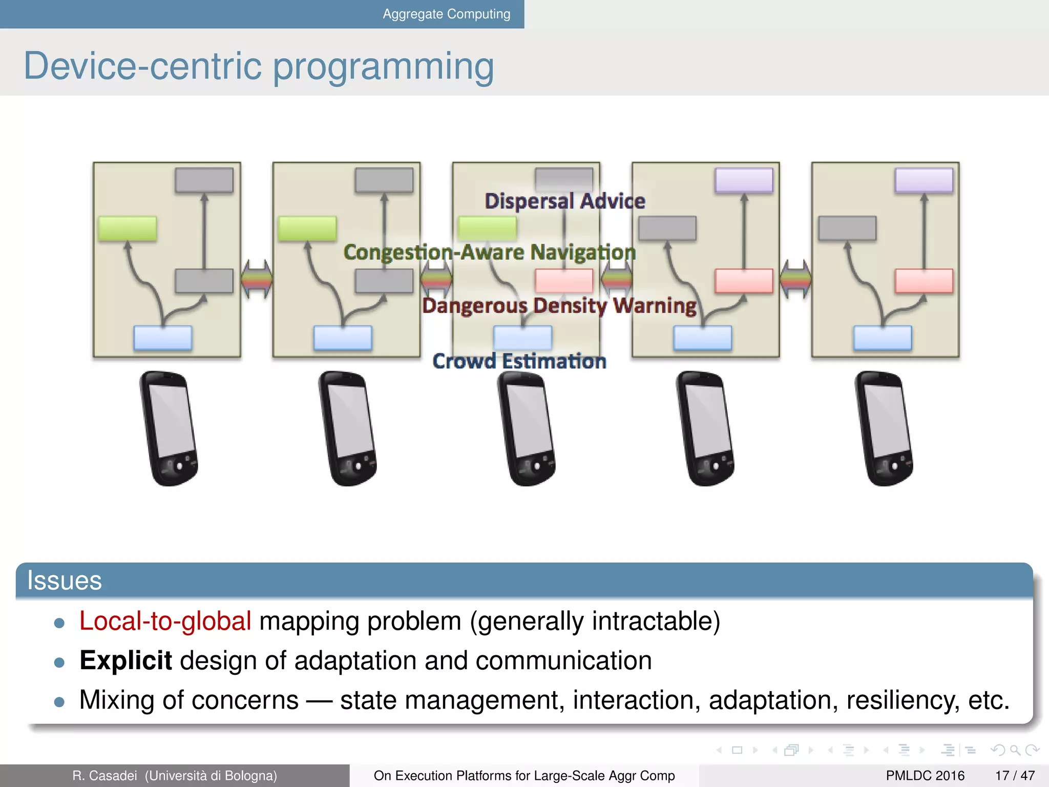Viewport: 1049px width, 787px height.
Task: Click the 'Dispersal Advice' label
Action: [x=564, y=201]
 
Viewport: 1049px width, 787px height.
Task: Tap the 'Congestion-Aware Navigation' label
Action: [x=489, y=252]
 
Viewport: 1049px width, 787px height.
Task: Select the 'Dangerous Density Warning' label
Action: [x=559, y=305]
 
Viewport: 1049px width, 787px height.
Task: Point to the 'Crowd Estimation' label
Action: [x=519, y=361]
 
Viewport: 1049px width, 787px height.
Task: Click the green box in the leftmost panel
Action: [x=128, y=229]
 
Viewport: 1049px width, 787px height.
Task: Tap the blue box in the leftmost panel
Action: [x=163, y=338]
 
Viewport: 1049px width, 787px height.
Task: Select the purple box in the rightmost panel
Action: [x=924, y=180]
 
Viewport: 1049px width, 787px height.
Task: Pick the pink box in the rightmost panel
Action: [x=924, y=281]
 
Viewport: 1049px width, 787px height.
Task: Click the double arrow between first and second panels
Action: [x=257, y=279]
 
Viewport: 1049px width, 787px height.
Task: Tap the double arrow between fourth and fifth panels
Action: [x=795, y=279]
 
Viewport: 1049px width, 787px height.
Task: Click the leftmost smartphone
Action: [x=169, y=428]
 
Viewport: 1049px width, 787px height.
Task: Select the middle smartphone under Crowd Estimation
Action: [x=527, y=428]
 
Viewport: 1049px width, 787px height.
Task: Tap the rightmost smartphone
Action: [x=884, y=428]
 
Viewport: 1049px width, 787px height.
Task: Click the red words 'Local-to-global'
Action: [x=165, y=621]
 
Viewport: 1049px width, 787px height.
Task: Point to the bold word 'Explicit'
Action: [x=125, y=660]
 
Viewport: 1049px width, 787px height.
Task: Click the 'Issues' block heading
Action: [x=65, y=581]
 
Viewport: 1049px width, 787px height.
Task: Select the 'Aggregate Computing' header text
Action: [x=446, y=14]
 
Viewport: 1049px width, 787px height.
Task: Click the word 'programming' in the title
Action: [x=383, y=67]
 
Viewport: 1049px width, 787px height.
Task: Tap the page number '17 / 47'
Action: [x=1015, y=776]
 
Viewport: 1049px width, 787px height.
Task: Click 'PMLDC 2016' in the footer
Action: [x=925, y=776]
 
